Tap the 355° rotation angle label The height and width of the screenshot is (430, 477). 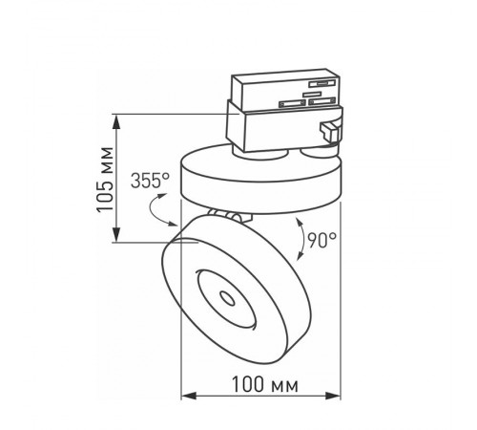point(154,180)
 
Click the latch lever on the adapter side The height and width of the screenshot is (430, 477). point(330,134)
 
